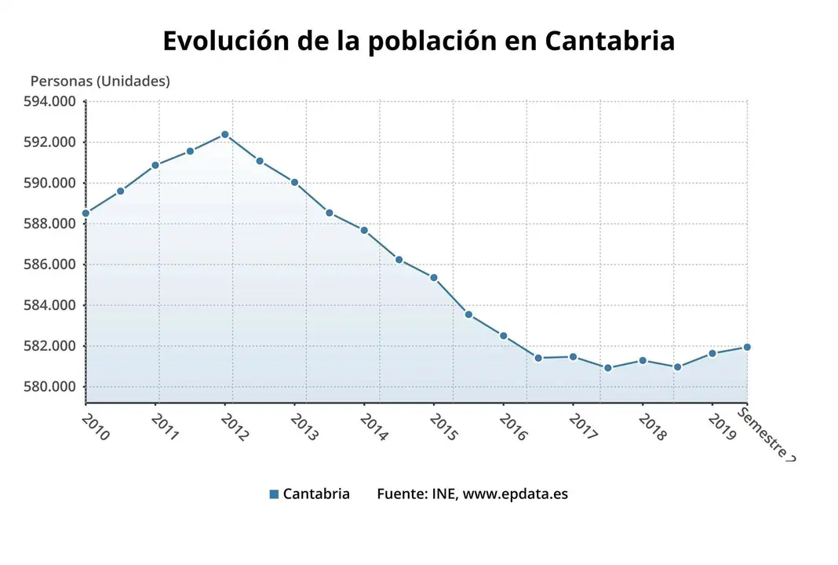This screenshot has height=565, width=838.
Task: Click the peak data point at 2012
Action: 225,135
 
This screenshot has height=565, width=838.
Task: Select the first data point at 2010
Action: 86,213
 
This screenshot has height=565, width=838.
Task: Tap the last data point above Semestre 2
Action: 747,347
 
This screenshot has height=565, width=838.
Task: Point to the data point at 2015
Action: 434,278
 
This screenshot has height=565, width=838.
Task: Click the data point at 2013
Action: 294,182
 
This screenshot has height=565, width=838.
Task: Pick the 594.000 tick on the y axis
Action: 52,101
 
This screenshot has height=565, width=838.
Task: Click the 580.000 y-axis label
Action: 52,387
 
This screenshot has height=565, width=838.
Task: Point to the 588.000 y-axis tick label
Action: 52,224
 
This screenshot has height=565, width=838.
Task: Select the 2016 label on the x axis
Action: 512,428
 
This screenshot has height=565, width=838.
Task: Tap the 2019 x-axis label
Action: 721,428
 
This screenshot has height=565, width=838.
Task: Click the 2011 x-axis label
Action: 165,428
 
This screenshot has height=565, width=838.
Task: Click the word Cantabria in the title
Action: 609,41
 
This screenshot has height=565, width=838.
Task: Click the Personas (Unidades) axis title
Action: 100,81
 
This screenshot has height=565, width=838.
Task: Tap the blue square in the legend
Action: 274,494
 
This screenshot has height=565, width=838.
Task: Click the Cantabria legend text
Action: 316,494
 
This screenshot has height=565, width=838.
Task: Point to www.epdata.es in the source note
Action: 515,494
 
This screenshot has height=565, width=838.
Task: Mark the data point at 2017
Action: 573,357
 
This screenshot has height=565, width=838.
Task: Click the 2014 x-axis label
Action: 373,428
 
